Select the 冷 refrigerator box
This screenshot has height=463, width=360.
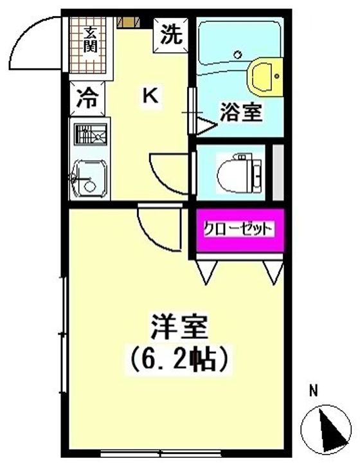point(84,100)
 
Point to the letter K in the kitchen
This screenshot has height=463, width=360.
point(150,96)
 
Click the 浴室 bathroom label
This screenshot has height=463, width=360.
point(240,113)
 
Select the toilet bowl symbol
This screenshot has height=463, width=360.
point(238,172)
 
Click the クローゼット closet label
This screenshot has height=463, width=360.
point(239,229)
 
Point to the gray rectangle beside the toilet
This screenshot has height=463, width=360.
point(278,172)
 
